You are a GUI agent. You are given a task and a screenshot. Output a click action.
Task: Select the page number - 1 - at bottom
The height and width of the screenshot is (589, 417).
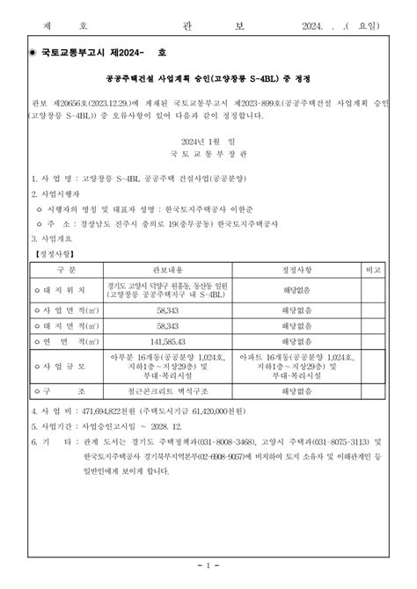[x=208, y=564]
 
